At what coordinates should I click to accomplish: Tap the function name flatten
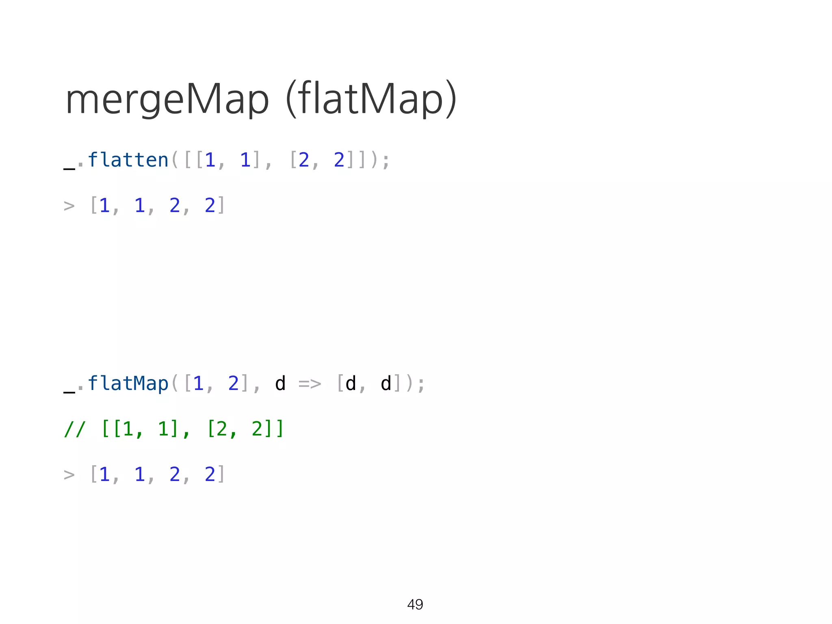click(128, 160)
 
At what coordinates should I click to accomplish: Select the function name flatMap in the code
click(128, 383)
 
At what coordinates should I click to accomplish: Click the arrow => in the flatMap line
click(310, 383)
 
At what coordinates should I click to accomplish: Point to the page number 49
click(415, 604)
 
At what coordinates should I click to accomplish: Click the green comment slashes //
click(75, 429)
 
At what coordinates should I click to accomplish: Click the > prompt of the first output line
click(69, 206)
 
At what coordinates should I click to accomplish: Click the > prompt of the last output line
click(69, 474)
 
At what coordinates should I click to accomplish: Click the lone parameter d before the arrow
click(280, 383)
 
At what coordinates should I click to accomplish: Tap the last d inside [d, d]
click(386, 383)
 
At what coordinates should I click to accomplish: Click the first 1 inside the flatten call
click(210, 160)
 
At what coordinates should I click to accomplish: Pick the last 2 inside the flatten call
click(339, 160)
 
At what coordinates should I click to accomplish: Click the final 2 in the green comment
click(257, 429)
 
